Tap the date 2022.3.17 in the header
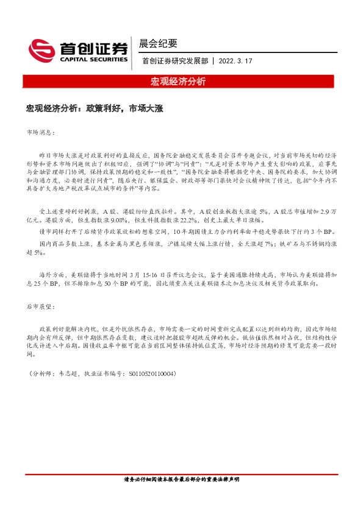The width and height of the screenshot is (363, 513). pyautogui.click(x=235, y=62)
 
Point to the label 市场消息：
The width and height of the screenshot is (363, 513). pyautogui.click(x=41, y=132)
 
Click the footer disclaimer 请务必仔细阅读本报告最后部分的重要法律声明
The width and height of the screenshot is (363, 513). pyautogui.click(x=181, y=480)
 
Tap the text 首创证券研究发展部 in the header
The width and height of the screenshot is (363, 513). pyautogui.click(x=174, y=62)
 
